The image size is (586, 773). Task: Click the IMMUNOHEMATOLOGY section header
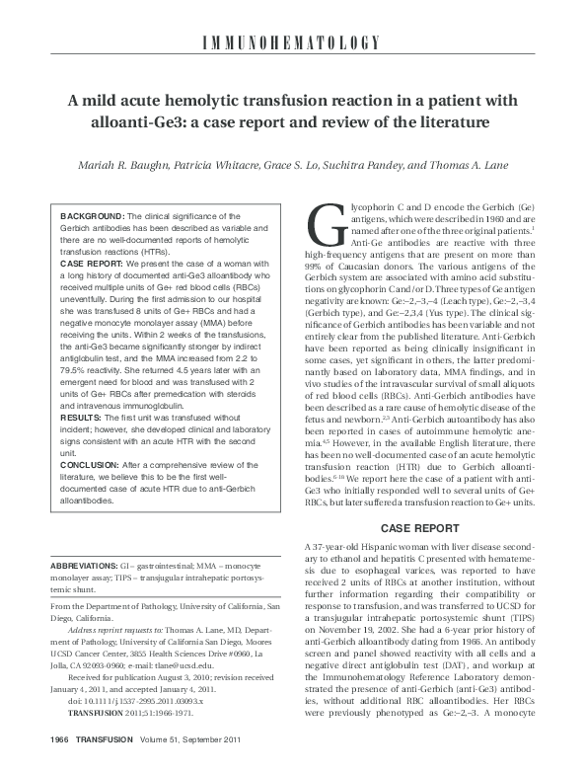tap(293, 41)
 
